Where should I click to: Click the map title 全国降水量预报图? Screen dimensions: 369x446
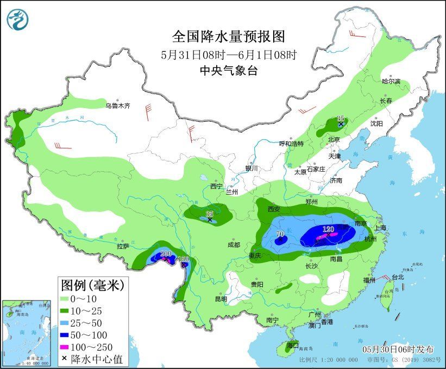(x=228, y=36)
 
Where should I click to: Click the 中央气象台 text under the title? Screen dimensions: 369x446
(x=228, y=70)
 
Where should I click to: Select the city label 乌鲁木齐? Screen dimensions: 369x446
(x=118, y=106)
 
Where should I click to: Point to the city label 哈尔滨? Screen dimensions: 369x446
(x=391, y=81)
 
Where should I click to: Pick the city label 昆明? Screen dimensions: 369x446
(x=221, y=298)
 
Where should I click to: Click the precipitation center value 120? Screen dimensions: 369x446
(x=328, y=229)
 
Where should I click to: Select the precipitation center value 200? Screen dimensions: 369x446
(x=166, y=253)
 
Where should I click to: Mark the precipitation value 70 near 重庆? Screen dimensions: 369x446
(x=281, y=235)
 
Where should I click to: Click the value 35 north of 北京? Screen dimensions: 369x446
(x=341, y=118)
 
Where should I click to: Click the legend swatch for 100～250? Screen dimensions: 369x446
(x=70, y=347)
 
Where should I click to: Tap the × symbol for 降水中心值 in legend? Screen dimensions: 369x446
(x=65, y=359)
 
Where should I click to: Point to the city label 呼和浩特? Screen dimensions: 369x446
(x=291, y=143)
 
